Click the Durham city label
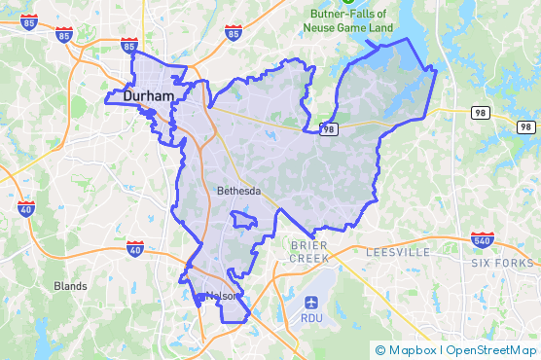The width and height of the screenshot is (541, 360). click(x=149, y=97)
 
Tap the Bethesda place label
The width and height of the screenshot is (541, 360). click(x=238, y=191)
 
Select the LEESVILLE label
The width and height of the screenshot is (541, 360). click(x=398, y=252)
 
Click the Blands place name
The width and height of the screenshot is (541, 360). click(x=70, y=286)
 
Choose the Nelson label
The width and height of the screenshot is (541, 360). click(x=221, y=296)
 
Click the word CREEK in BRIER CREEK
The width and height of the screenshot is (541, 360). click(x=310, y=260)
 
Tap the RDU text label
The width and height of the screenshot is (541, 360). click(x=311, y=318)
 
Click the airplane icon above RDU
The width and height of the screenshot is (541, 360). click(x=311, y=301)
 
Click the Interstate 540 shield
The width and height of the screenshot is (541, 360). click(x=483, y=238)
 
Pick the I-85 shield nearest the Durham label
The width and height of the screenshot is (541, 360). click(x=129, y=45)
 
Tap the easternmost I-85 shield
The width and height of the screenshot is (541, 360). click(x=233, y=33)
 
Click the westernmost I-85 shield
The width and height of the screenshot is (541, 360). click(x=28, y=21)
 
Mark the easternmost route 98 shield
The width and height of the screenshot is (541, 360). click(x=525, y=126)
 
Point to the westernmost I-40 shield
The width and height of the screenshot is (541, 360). click(x=26, y=207)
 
